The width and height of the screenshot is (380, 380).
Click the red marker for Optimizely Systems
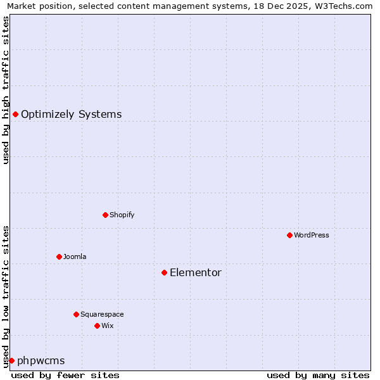15,114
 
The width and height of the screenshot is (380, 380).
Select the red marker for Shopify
105,215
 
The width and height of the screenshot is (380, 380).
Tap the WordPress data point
289,235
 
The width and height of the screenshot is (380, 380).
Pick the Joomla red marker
59,256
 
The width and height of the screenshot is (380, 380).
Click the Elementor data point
164,272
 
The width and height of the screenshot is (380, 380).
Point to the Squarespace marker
76,314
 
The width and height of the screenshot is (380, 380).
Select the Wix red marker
97,326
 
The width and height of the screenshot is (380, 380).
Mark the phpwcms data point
11,360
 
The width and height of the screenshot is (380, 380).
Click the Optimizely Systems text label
71,115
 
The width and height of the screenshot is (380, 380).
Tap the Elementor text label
195,273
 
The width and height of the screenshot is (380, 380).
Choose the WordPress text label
311,236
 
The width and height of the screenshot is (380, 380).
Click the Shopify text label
122,215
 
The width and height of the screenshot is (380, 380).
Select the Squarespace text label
102,315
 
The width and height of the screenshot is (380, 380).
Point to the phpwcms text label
41,361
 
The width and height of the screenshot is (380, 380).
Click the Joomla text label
74,257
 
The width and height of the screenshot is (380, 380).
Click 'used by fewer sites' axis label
65,375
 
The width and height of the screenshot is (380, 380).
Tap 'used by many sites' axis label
318,375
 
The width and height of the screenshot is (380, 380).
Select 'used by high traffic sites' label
6,90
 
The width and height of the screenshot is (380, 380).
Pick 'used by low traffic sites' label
6,296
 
